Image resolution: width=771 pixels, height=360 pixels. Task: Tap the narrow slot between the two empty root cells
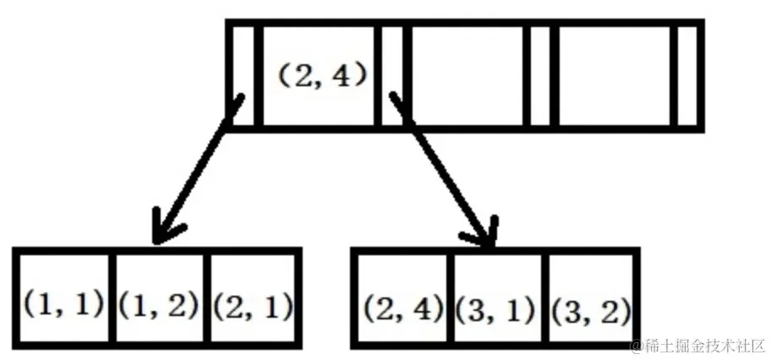click(541, 75)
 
